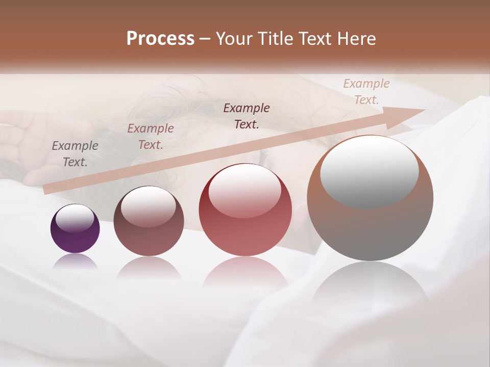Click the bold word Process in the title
pyautogui.click(x=160, y=39)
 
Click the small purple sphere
pyautogui.click(x=75, y=229)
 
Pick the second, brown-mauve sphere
pyautogui.click(x=149, y=221)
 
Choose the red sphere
pyautogui.click(x=245, y=210)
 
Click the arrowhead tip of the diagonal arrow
pyautogui.click(x=424, y=111)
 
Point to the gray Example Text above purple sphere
pyautogui.click(x=75, y=154)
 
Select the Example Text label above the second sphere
pyautogui.click(x=151, y=137)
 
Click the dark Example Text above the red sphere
pyautogui.click(x=247, y=116)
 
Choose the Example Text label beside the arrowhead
pyautogui.click(x=366, y=92)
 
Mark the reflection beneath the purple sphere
pyautogui.click(x=75, y=263)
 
